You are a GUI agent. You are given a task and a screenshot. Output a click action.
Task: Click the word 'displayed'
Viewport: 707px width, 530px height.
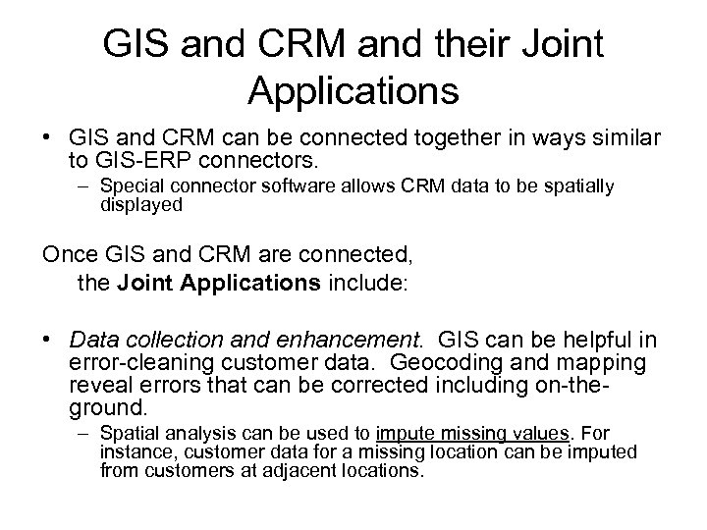coord(141,204)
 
